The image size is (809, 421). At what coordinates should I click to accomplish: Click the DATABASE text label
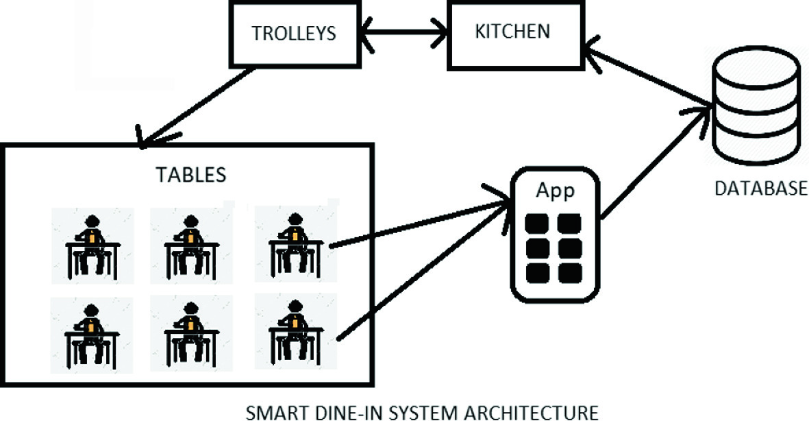pyautogui.click(x=761, y=189)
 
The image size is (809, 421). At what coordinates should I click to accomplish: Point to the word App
pyautogui.click(x=556, y=191)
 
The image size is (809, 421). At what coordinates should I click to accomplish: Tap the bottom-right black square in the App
pyautogui.click(x=570, y=272)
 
